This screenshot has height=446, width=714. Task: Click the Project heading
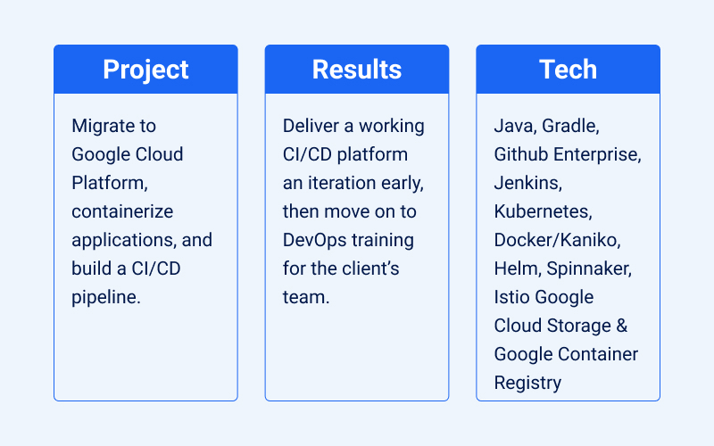coord(145,70)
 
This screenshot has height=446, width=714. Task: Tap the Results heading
coord(357,70)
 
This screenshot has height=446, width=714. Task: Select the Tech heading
coord(568,70)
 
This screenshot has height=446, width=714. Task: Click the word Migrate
coord(101,126)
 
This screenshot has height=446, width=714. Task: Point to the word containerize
coord(122,211)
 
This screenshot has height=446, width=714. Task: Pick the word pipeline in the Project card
coord(105,297)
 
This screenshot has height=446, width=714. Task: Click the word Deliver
coord(309,126)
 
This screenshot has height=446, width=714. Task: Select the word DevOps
coord(314,240)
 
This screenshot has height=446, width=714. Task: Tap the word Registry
coord(527,383)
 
